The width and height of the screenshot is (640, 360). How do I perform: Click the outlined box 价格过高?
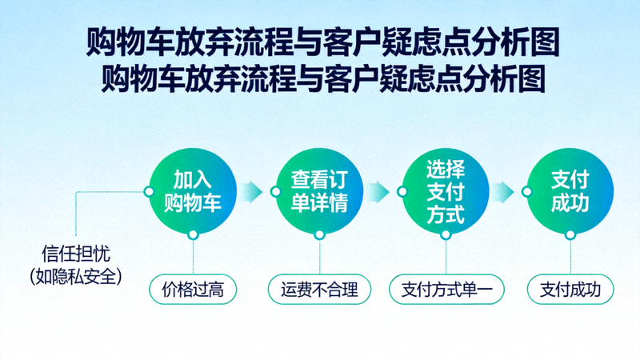194,290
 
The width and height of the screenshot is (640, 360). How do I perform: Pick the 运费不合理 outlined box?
320,290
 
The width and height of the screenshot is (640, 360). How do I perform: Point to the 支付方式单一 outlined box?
446,290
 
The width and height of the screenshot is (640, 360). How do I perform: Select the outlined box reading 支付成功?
570,290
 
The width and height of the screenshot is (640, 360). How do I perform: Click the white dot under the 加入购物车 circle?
193,235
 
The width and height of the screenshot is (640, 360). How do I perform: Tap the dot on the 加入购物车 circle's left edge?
148,191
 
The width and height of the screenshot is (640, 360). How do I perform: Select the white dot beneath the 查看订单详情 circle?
319,235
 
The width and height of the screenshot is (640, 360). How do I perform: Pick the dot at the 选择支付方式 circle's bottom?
446,235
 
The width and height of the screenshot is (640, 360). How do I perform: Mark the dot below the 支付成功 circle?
570,235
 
